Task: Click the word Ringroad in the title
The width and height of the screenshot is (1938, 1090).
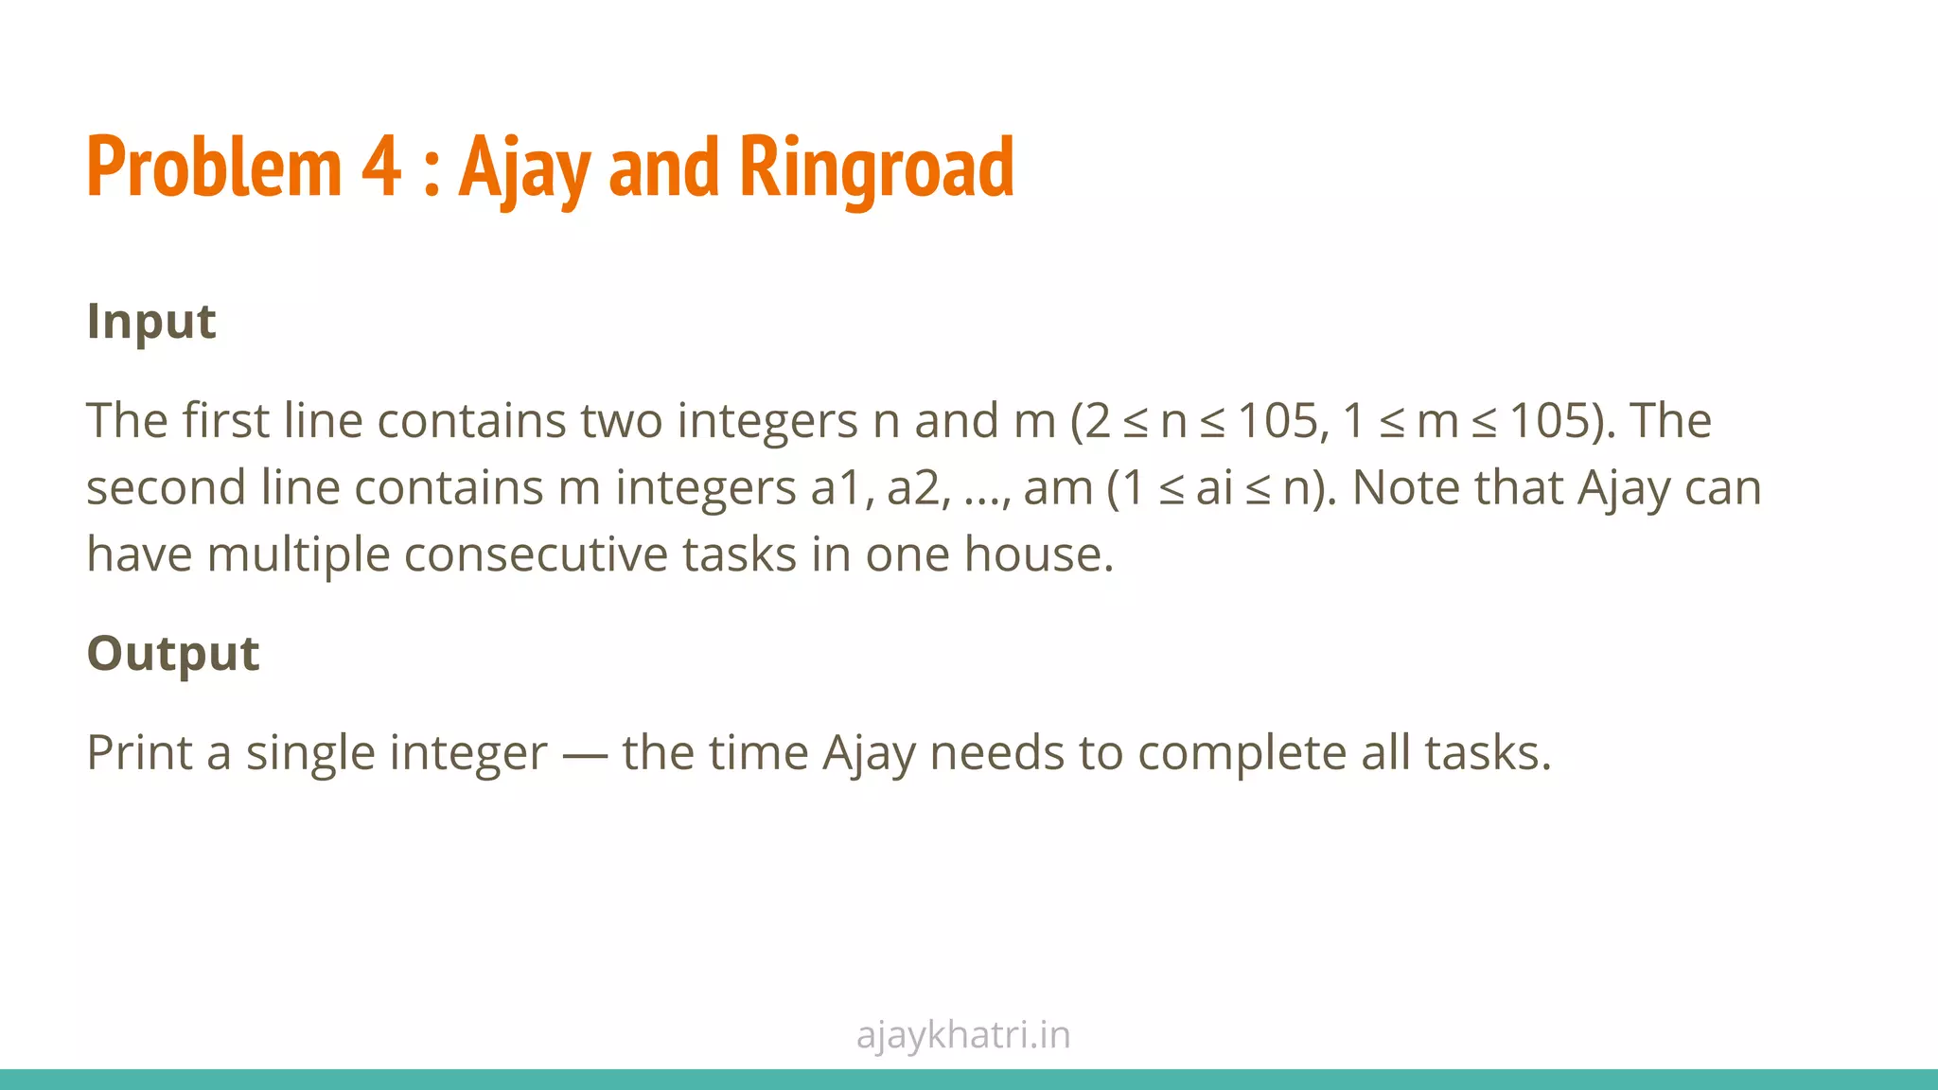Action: coord(875,167)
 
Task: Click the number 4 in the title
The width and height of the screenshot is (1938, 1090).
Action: coord(380,167)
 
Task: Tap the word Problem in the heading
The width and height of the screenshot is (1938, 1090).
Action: coord(213,167)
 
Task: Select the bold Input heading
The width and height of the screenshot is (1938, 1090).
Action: coord(151,322)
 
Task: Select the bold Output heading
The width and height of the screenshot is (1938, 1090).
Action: coord(173,654)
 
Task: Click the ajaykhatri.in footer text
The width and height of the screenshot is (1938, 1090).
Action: coord(963,1035)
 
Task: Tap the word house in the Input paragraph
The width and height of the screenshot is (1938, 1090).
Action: coord(1038,554)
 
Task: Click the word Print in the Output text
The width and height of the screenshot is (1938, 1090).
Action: coord(139,753)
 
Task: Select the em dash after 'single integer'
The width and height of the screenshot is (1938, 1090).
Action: coord(584,755)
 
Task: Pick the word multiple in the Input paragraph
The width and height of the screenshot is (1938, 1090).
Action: coord(298,554)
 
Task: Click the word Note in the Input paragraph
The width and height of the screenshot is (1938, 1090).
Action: coord(1405,488)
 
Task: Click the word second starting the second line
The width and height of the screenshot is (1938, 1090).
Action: coord(167,488)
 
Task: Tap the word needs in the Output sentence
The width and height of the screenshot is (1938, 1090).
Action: coord(997,753)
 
